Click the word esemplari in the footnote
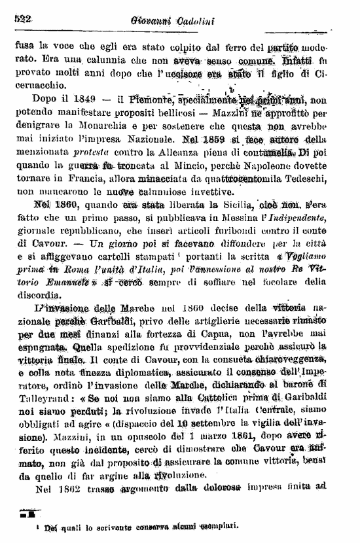click(x=223, y=525)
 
